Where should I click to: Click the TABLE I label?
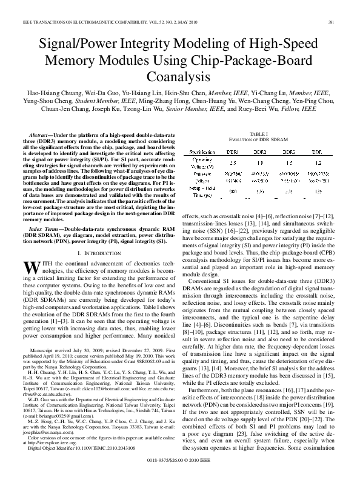258,133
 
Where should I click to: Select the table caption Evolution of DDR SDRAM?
258,139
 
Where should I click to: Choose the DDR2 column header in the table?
260,152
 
